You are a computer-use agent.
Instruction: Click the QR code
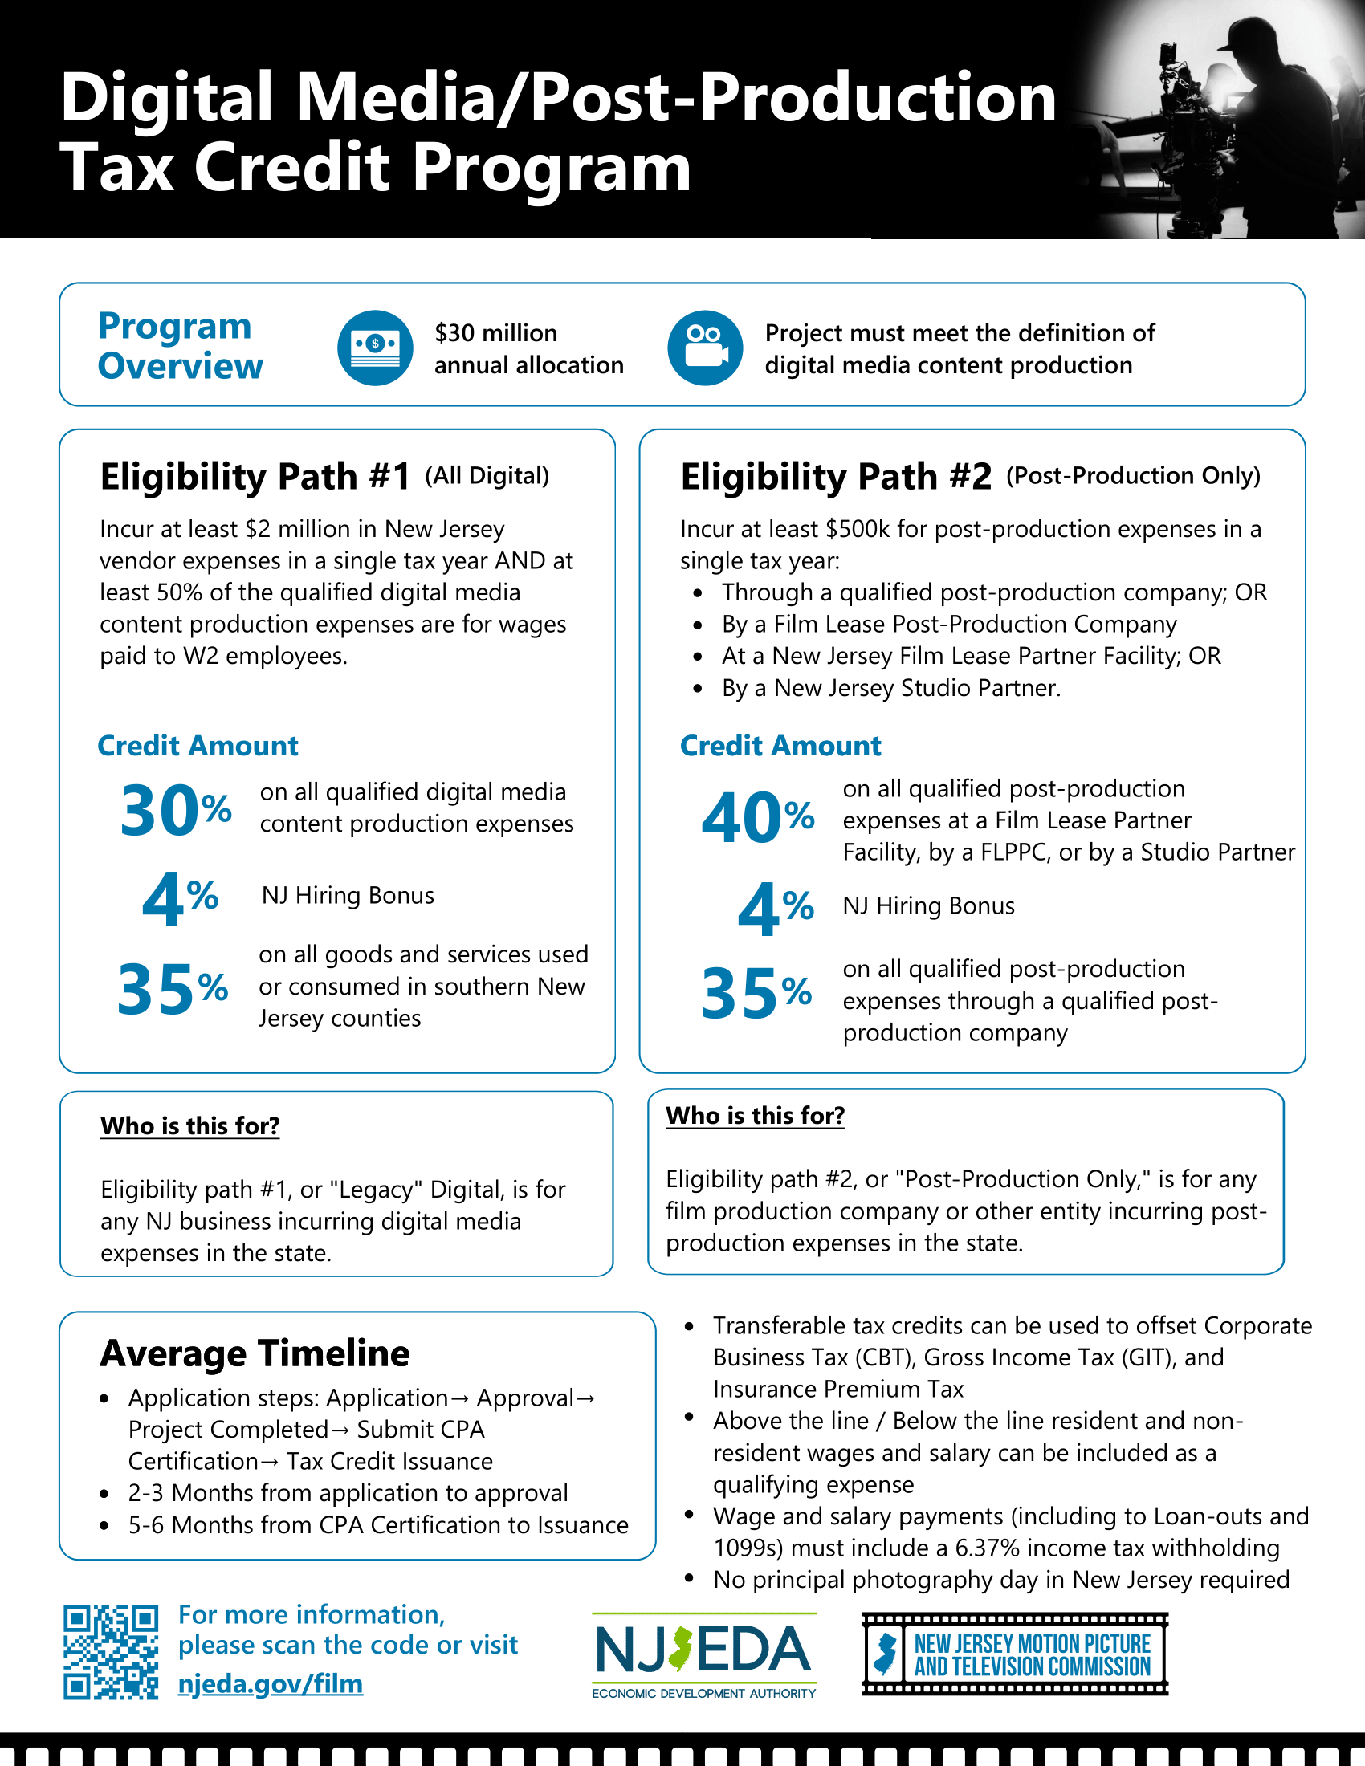coord(111,1652)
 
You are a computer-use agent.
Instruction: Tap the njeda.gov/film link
coord(270,1683)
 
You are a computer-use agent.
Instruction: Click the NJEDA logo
coord(703,1655)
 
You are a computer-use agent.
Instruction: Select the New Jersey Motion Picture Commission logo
coord(1015,1654)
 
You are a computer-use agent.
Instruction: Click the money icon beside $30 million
coord(375,348)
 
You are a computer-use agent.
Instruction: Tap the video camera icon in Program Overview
coord(705,348)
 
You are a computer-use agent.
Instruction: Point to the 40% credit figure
coord(757,817)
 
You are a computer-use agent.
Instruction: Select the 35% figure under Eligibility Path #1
coord(173,989)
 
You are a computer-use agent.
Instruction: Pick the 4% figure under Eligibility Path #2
coord(775,908)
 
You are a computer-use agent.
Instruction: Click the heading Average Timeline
coord(255,1353)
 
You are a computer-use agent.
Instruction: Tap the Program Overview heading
coord(180,346)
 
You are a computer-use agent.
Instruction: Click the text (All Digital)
coord(487,475)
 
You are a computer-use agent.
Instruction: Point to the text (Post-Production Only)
coord(1133,475)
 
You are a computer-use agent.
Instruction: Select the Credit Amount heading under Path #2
coord(780,746)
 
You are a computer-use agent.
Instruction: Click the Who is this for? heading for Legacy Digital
coord(190,1125)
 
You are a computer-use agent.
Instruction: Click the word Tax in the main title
coord(116,169)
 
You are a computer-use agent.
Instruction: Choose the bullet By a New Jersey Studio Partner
coord(890,688)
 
